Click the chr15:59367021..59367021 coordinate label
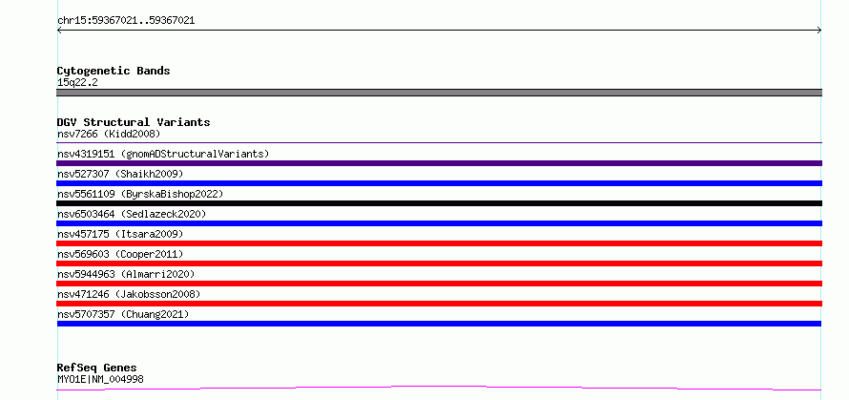point(126,21)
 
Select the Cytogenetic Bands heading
point(114,71)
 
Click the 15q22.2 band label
point(77,83)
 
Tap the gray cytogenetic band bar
point(439,93)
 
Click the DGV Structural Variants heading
point(134,122)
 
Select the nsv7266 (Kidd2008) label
point(109,134)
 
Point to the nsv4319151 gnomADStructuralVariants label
point(163,154)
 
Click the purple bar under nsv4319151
point(439,163)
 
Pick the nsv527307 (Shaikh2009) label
point(120,174)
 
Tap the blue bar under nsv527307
point(439,183)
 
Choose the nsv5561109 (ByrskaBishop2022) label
point(140,194)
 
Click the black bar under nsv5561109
point(439,203)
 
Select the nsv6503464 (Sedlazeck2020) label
point(132,214)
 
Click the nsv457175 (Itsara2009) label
point(120,234)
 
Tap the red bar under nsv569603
point(439,263)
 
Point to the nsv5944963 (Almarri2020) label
point(126,274)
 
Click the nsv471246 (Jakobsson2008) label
point(129,294)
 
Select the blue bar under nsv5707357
point(439,324)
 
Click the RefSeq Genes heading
point(97,368)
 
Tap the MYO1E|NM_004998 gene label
point(101,379)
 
